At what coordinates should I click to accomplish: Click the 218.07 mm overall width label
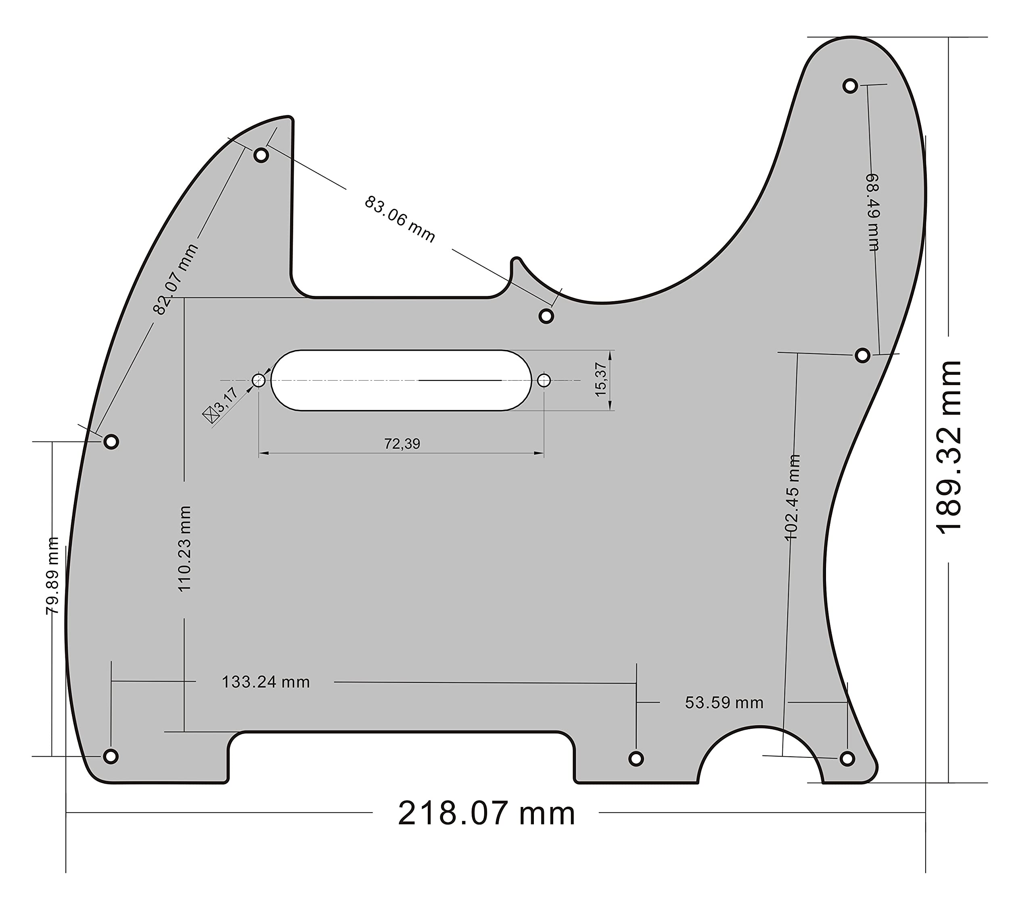tap(486, 813)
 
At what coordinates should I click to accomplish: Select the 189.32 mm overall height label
tap(949, 447)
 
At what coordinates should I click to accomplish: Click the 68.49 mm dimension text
tap(873, 212)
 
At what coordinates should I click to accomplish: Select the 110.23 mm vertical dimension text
tap(184, 549)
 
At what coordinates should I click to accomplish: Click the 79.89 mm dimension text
tap(52, 575)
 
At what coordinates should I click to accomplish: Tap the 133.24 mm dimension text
tap(266, 682)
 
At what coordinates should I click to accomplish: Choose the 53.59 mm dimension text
tap(724, 703)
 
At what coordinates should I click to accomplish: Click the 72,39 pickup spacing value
tap(402, 444)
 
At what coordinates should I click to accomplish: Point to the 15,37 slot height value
tap(600, 380)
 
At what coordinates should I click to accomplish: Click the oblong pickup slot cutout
tap(401, 380)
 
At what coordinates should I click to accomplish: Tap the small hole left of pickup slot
tap(259, 380)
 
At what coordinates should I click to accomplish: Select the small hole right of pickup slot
tap(544, 380)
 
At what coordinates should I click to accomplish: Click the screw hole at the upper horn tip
tap(851, 86)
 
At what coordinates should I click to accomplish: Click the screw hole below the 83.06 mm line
tap(546, 316)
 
